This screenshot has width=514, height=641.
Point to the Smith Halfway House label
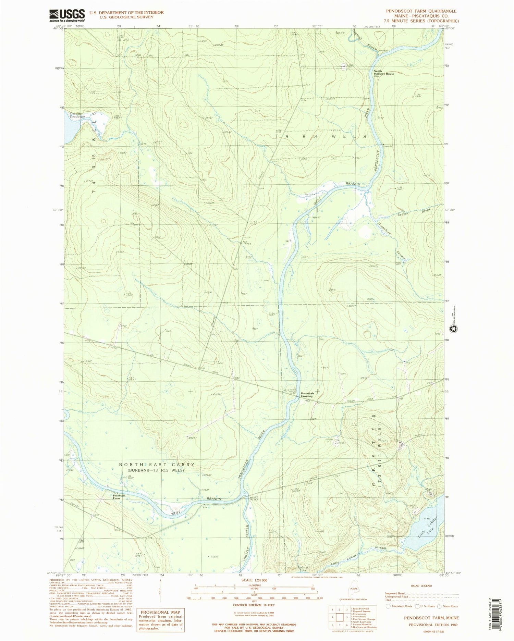(384, 72)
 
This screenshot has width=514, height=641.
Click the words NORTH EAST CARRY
(157, 465)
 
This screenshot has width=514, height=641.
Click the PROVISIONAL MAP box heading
(160, 612)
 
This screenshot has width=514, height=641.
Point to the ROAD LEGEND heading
(421, 586)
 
